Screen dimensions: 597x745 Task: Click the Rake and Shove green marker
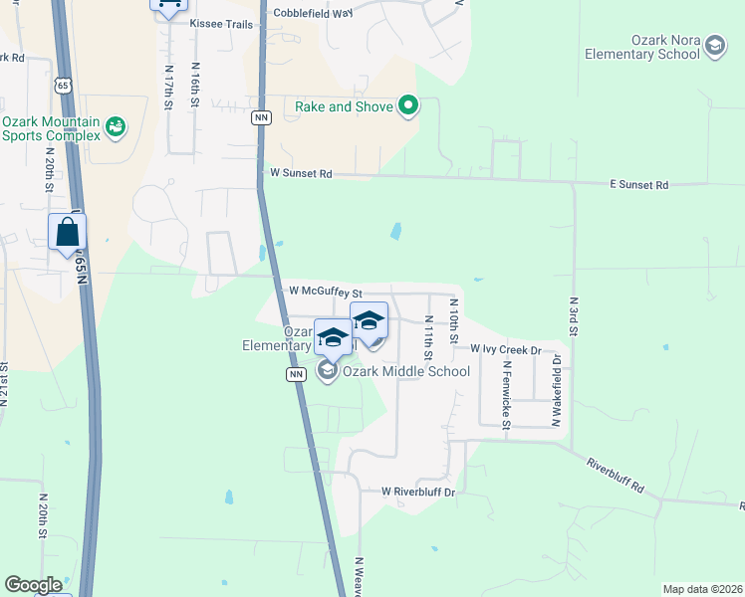(x=407, y=105)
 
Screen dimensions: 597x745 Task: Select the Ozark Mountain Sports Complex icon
(x=117, y=127)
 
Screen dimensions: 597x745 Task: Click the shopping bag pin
(x=67, y=234)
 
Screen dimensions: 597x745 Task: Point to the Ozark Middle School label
(x=405, y=372)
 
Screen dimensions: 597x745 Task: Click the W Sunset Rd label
(x=301, y=173)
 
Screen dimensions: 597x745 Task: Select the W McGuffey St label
(x=325, y=292)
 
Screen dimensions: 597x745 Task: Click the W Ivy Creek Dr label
(x=505, y=350)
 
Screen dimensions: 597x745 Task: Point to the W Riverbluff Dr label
(x=418, y=492)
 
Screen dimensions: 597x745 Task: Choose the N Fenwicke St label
(x=506, y=393)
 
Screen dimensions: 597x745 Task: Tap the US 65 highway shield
(x=64, y=87)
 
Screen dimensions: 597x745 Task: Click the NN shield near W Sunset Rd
(x=261, y=118)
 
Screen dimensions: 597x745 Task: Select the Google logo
(x=33, y=584)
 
